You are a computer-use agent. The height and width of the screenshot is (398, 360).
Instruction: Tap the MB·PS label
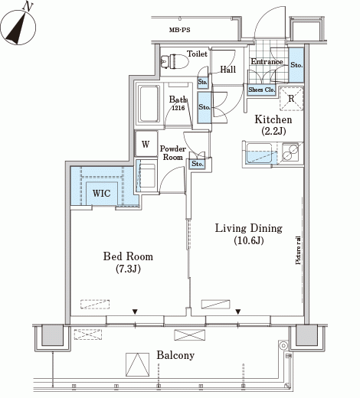tap(180, 30)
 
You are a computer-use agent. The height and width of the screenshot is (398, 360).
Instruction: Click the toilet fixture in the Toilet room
tap(175, 61)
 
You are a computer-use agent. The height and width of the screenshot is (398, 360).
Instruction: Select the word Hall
tap(228, 70)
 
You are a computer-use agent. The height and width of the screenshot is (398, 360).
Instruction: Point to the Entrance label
tap(267, 61)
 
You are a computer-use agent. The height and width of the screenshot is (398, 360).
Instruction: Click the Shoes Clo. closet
tap(262, 90)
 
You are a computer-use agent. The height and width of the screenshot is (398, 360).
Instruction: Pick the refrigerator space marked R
tap(291, 99)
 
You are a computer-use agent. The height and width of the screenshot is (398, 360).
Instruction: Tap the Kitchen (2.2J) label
tap(273, 125)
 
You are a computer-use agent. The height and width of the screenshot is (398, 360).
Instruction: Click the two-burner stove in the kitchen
tap(290, 152)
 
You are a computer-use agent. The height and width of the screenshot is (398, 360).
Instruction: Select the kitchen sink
tap(259, 153)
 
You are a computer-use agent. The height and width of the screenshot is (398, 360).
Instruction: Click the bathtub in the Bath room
tap(149, 104)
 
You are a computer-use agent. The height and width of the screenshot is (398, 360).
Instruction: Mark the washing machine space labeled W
tap(146, 144)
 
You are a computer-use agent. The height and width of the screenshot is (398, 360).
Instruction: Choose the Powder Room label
tap(173, 152)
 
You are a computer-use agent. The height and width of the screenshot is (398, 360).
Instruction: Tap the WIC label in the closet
tap(102, 193)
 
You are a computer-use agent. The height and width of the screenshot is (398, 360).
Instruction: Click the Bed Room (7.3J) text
tap(128, 263)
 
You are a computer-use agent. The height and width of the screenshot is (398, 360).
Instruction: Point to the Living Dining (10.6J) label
tap(249, 234)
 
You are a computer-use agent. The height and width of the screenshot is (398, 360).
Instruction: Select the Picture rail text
tap(298, 250)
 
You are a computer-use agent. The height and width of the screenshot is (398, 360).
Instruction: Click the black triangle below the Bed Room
tap(135, 312)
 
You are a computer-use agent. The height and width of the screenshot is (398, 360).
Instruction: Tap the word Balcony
tap(175, 355)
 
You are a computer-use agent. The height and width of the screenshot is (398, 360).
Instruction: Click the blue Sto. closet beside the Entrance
tap(296, 65)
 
